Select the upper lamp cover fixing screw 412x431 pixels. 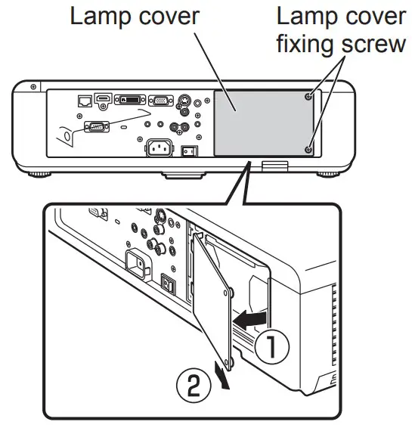(x=309, y=97)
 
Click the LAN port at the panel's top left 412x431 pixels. (x=85, y=100)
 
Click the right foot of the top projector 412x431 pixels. (x=327, y=174)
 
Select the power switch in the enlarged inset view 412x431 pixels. (x=171, y=286)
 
